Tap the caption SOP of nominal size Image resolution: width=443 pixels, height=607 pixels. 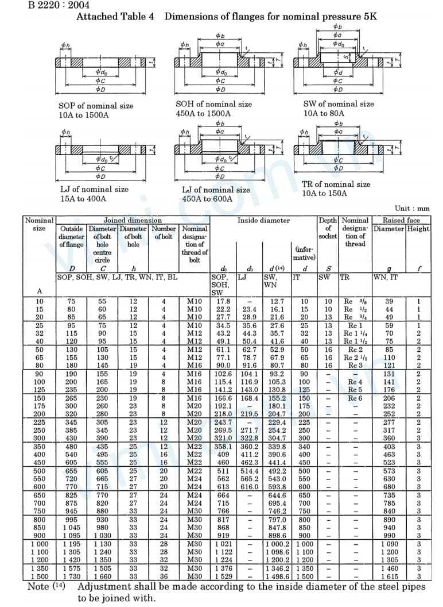coord(96,106)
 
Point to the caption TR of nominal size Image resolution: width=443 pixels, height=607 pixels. coord(336,185)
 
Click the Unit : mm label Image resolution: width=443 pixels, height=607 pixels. coord(412,208)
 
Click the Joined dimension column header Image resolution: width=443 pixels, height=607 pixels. coord(133,220)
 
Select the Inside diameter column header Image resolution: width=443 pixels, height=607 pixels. coord(263,220)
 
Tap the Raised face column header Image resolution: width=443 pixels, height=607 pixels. coord(401,220)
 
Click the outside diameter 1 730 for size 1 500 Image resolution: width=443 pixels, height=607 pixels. coord(71,576)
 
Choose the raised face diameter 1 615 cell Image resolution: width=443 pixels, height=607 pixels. coord(389,576)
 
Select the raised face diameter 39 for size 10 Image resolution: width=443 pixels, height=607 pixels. coord(389,301)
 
